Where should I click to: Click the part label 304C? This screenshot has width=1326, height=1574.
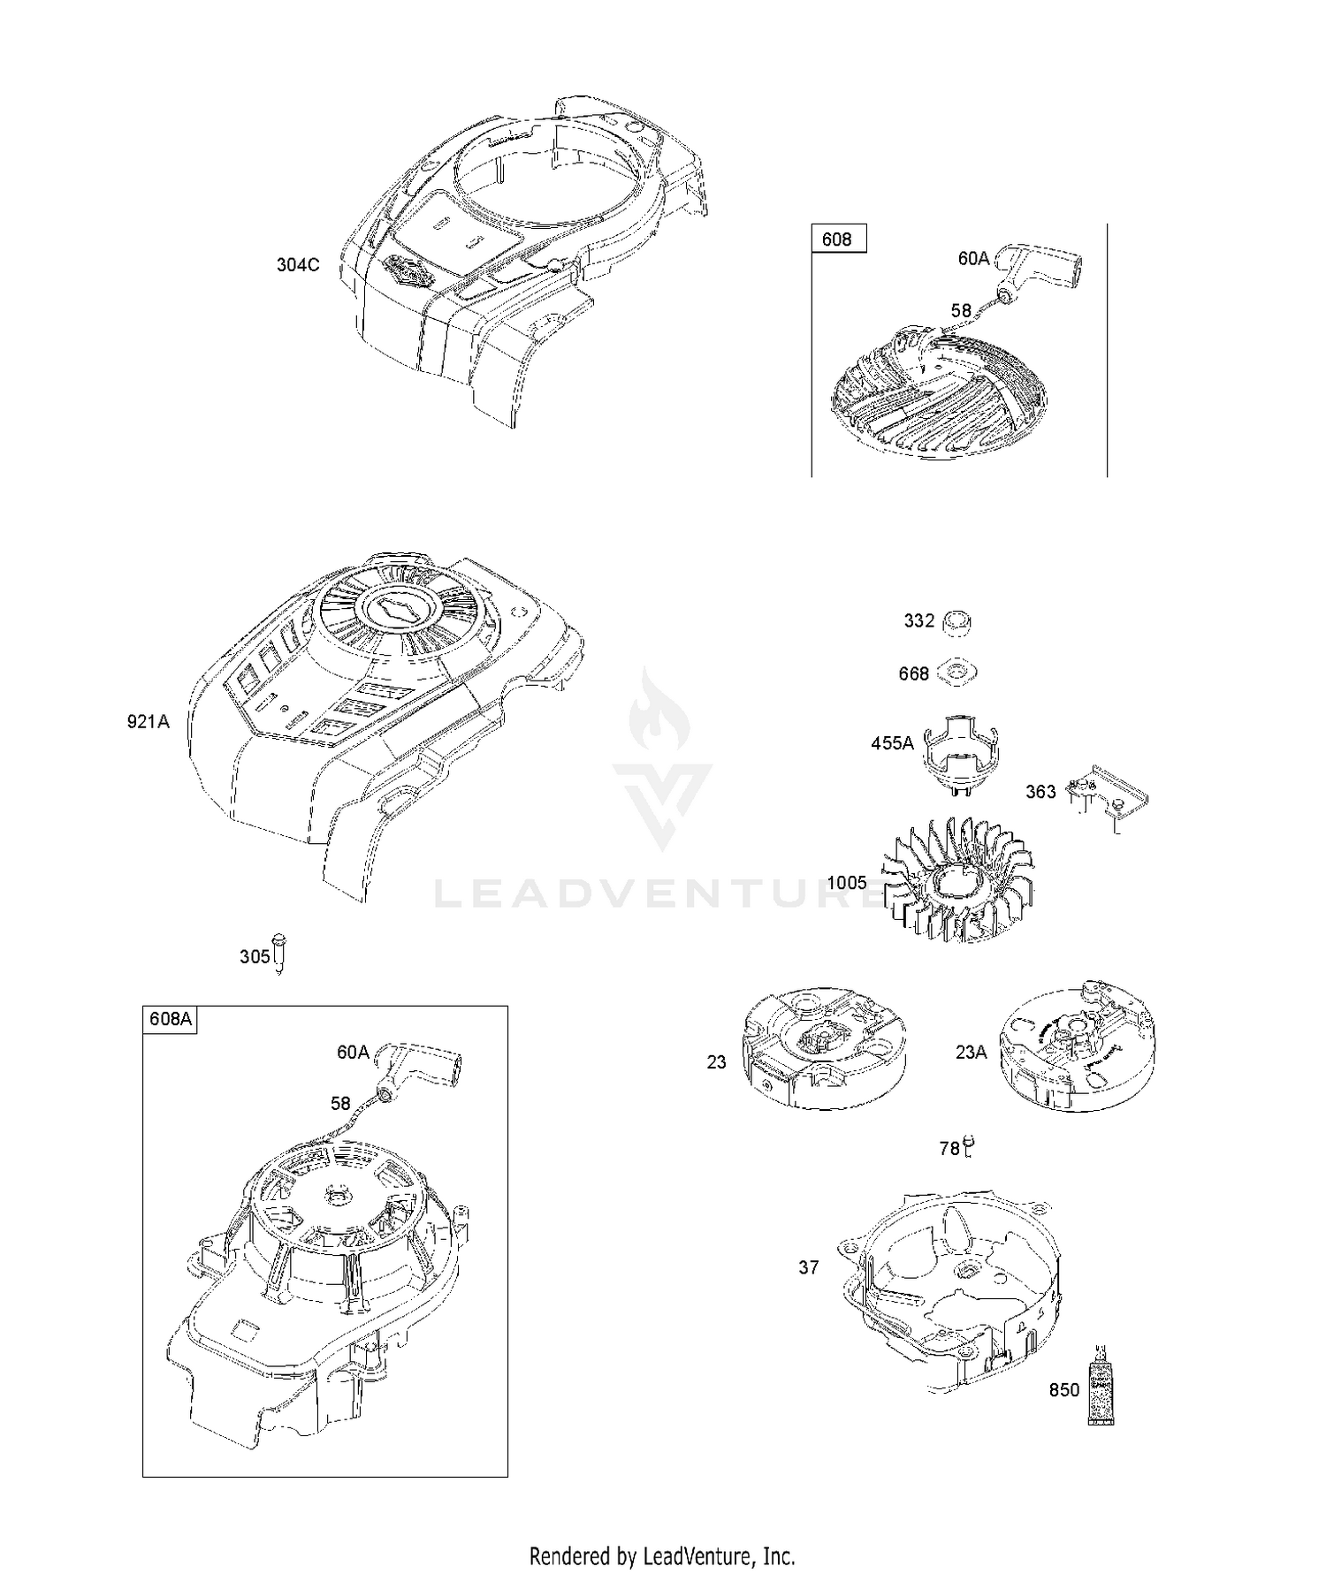[298, 264]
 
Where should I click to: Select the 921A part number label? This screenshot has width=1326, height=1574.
[148, 721]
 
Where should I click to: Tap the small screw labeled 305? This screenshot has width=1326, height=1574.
[280, 953]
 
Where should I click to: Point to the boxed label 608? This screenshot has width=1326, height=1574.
[836, 239]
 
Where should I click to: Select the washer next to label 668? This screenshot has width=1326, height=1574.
[958, 673]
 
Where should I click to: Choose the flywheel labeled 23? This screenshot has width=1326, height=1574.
[814, 1048]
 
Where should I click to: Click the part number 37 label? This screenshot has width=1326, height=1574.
[809, 1267]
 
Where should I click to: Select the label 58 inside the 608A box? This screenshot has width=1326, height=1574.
[341, 1103]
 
